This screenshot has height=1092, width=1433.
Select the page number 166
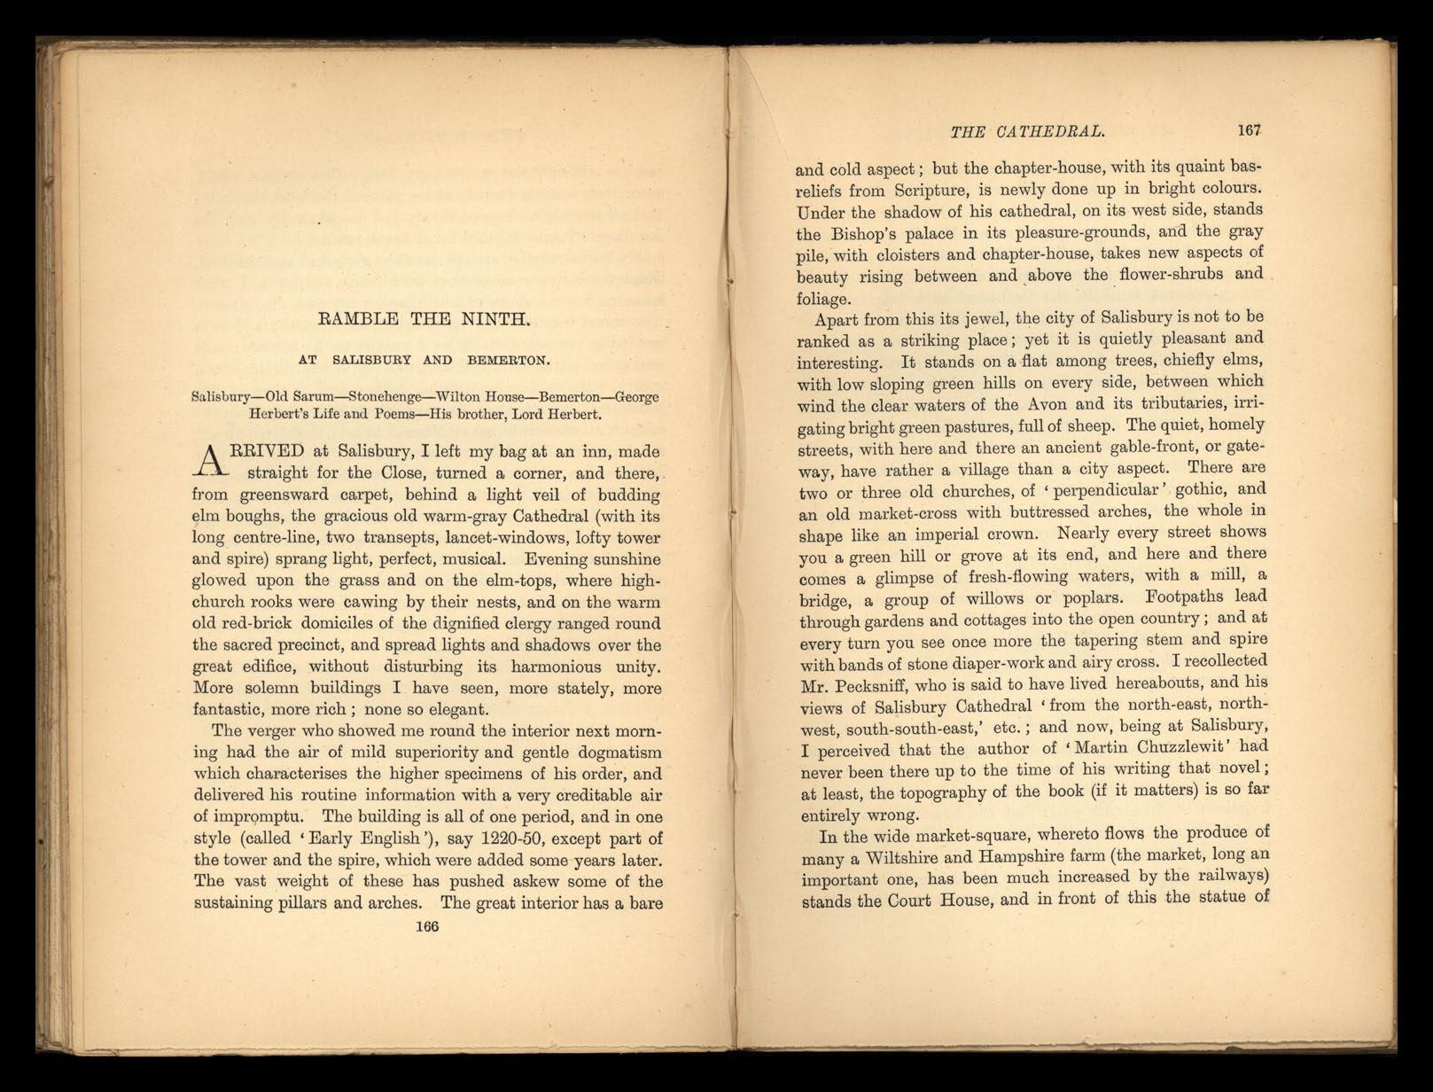pos(426,926)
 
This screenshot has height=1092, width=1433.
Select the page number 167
pos(1249,130)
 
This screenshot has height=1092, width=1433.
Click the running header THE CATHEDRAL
pos(1026,132)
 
